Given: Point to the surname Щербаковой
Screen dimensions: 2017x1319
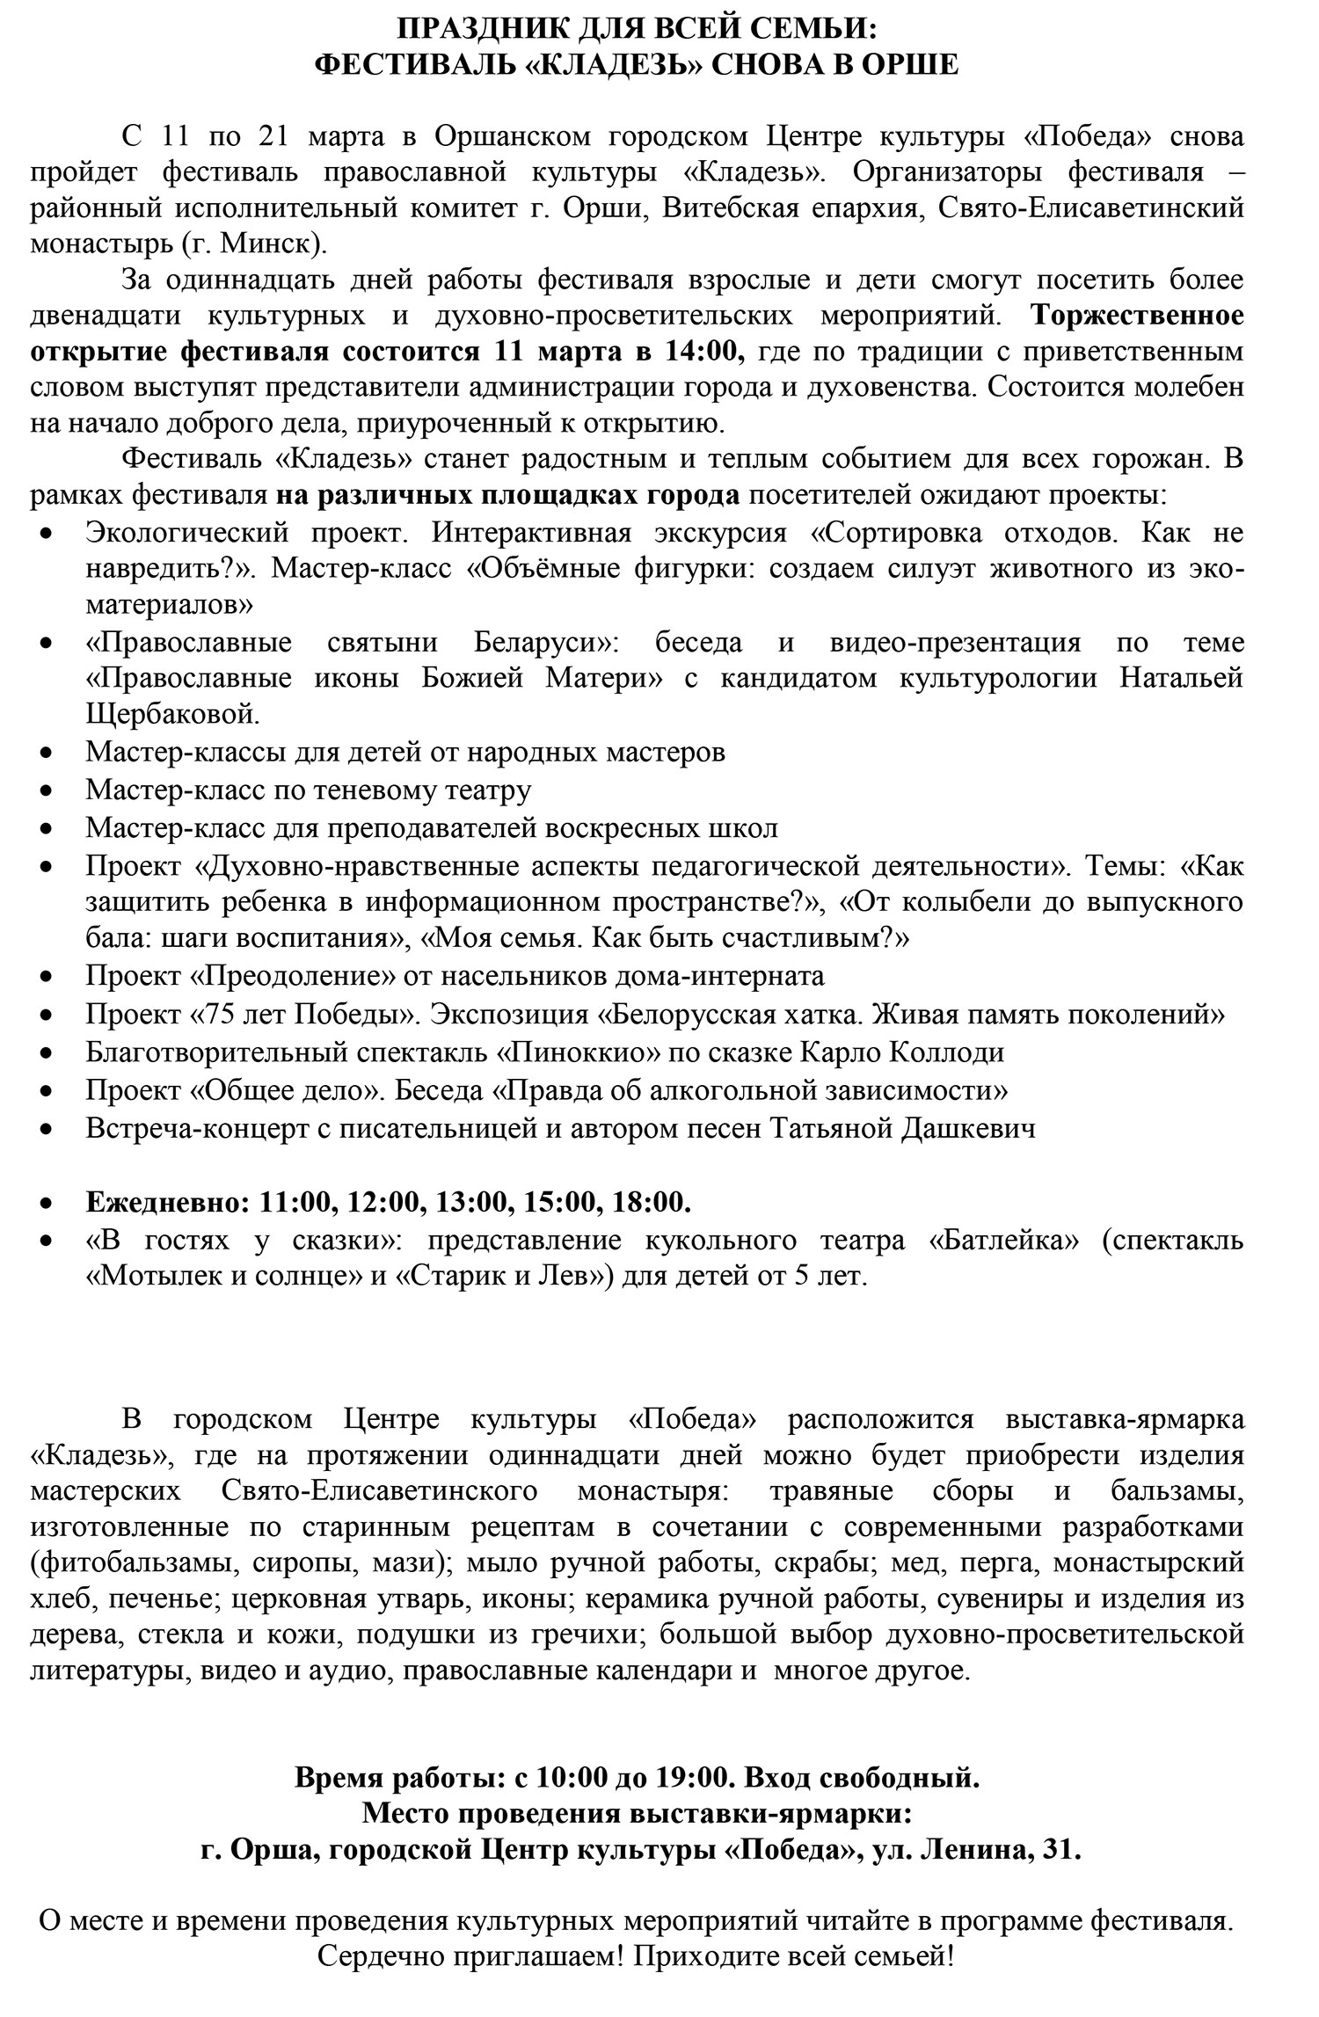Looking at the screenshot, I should [172, 714].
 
